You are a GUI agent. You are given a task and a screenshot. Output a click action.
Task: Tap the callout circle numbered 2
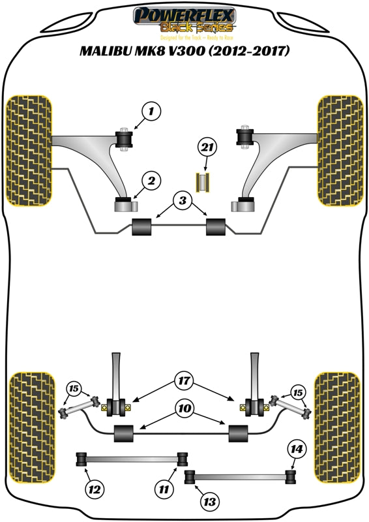151,181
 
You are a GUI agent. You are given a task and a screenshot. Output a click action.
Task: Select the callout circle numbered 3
183,200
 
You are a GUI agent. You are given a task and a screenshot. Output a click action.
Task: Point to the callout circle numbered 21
207,148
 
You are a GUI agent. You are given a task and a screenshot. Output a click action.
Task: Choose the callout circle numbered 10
183,409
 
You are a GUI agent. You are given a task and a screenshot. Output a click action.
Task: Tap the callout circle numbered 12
95,487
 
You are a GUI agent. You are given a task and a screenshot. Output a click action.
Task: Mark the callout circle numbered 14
297,448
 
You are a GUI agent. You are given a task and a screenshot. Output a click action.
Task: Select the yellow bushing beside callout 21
206,181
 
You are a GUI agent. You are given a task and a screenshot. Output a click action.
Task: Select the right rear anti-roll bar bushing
238,431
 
